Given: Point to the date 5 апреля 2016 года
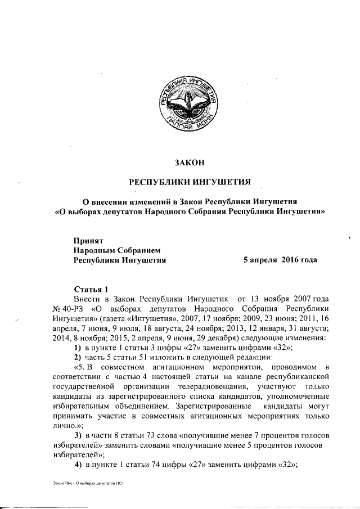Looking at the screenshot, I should [x=280, y=260].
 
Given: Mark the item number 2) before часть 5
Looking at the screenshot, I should [x=79, y=358].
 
